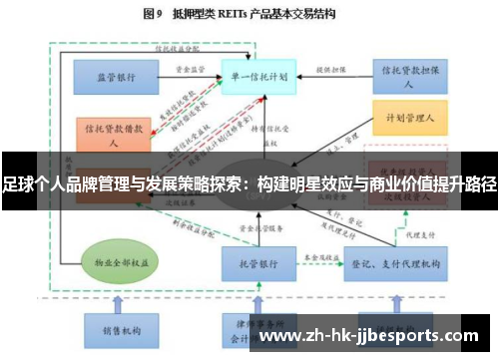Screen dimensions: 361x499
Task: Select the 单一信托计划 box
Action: coord(255,76)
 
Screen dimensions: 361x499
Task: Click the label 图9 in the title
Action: coord(153,16)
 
